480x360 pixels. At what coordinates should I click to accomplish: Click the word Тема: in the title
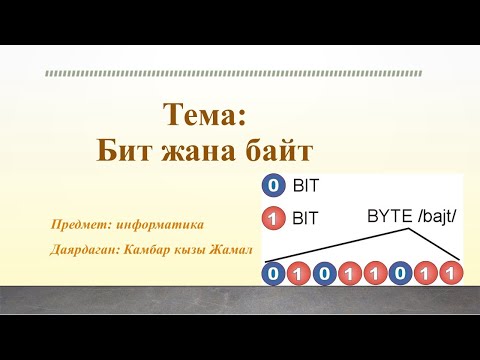tap(204, 115)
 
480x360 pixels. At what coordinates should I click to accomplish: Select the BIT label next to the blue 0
tap(304, 186)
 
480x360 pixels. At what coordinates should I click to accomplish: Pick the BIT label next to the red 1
tap(304, 216)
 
